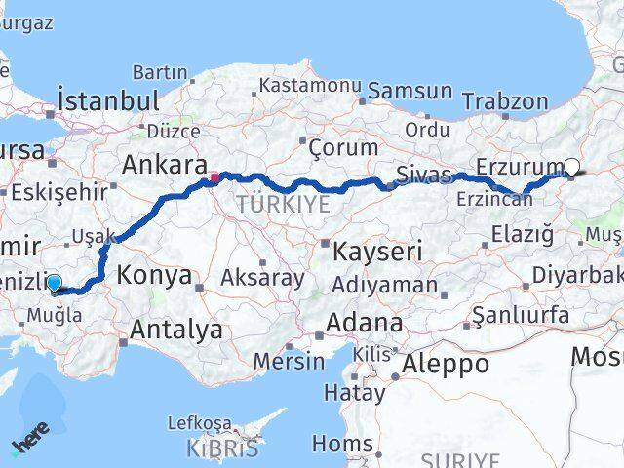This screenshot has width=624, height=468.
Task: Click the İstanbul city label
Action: click(107, 100)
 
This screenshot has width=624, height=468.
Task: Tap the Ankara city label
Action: click(163, 164)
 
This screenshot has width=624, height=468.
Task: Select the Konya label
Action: click(157, 275)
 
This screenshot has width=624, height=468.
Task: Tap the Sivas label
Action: click(424, 175)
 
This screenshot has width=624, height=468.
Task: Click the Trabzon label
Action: click(505, 100)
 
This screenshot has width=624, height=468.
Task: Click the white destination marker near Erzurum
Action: click(571, 167)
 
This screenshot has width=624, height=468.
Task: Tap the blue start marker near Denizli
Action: click(54, 284)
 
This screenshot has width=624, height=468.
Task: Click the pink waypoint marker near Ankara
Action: click(214, 177)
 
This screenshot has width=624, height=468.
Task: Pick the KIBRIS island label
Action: click(226, 448)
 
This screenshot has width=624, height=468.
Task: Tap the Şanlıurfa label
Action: click(519, 314)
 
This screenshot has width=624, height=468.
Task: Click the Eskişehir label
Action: click(58, 191)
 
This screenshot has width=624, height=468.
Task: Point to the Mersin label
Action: click(290, 360)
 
